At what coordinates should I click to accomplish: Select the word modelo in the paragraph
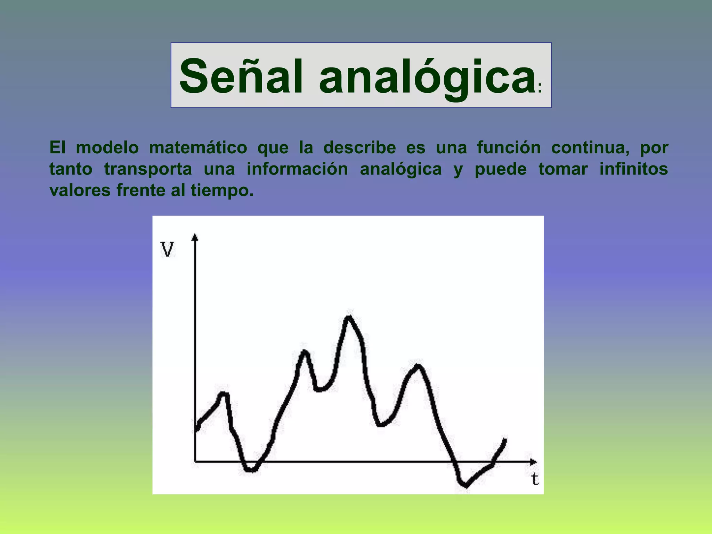click(x=107, y=147)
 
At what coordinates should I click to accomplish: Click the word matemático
click(x=198, y=147)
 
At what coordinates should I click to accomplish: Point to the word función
click(x=509, y=147)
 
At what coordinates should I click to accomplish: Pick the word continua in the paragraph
click(x=590, y=147)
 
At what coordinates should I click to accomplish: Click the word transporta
click(x=148, y=169)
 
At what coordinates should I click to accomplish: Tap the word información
click(x=297, y=169)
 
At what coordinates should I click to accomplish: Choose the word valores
click(x=80, y=190)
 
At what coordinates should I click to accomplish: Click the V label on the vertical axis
click(x=167, y=249)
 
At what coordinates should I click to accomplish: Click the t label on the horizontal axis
click(x=535, y=479)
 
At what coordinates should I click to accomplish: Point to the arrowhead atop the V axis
click(x=195, y=237)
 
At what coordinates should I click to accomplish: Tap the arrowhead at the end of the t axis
click(x=533, y=462)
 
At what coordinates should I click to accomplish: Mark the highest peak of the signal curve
click(x=348, y=317)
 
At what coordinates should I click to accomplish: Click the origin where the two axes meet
click(x=195, y=462)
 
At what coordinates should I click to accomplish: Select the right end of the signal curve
click(x=505, y=440)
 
